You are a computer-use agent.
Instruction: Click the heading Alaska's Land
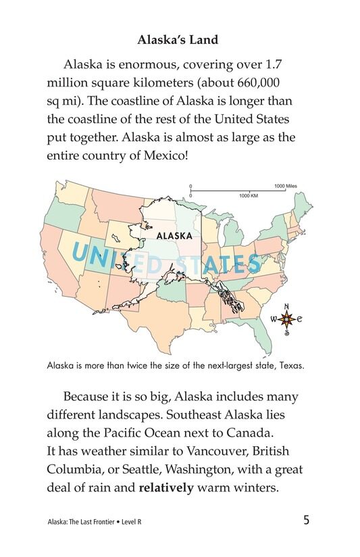pyautogui.click(x=178, y=40)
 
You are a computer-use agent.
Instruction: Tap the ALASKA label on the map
pyautogui.click(x=174, y=236)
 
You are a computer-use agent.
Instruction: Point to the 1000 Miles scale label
pyautogui.click(x=285, y=186)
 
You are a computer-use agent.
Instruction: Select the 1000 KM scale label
pyautogui.click(x=249, y=195)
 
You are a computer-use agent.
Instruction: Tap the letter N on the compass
pyautogui.click(x=286, y=304)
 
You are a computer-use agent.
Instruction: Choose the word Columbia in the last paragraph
pyautogui.click(x=78, y=468)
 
